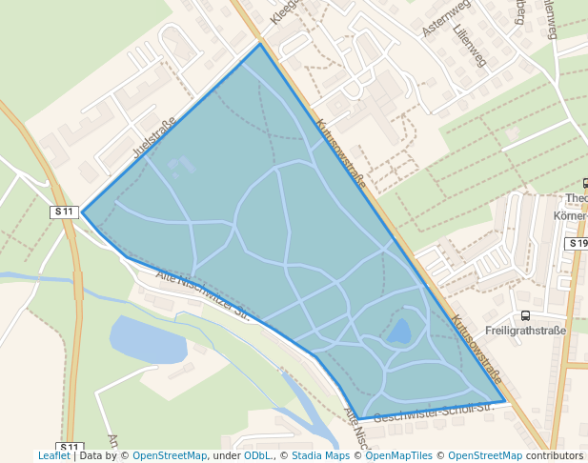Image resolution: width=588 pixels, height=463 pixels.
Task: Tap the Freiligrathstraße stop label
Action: [525, 331]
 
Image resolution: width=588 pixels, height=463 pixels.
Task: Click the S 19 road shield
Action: [578, 244]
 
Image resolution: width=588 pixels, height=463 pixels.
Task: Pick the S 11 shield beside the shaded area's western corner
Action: [64, 211]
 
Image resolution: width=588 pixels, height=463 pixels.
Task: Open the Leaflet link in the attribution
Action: [53, 456]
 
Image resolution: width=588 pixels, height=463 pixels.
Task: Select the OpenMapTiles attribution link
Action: [400, 456]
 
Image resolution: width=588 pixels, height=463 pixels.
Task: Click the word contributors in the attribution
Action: [555, 456]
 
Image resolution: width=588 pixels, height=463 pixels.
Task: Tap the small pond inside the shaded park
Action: [399, 332]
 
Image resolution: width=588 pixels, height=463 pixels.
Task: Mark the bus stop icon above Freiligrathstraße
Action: [524, 315]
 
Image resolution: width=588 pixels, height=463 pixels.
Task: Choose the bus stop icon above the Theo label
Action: [585, 184]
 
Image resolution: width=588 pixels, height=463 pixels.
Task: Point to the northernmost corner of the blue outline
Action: [259, 44]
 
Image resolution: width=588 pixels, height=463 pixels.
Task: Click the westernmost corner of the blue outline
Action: [82, 212]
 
